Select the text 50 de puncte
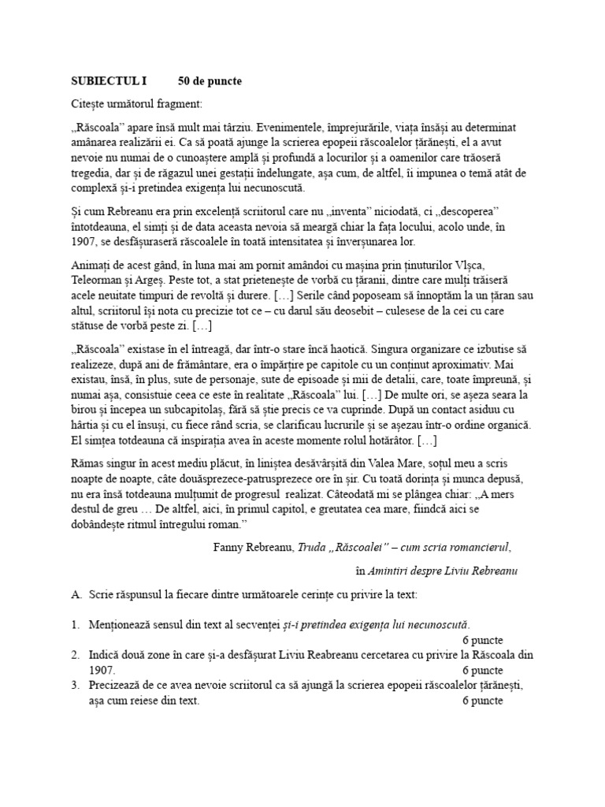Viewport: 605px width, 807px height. tap(210, 82)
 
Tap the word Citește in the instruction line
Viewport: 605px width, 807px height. tap(89, 104)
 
